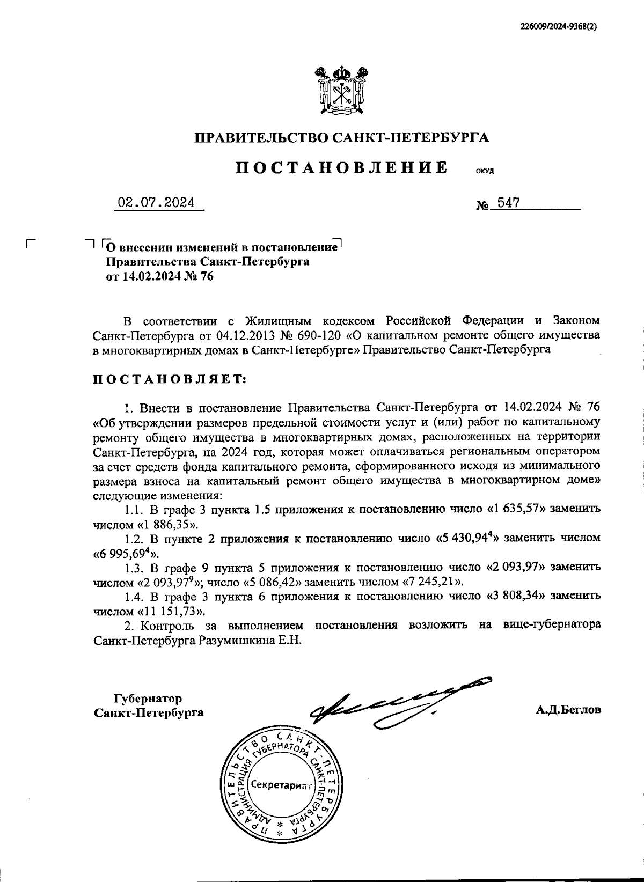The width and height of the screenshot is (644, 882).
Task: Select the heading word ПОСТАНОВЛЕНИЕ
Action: pos(342,167)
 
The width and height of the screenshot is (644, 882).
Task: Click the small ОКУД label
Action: pos(485,172)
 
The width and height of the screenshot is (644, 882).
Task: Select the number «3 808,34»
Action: pos(516,596)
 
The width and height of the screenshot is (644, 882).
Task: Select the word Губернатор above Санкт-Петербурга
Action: pos(148,699)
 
